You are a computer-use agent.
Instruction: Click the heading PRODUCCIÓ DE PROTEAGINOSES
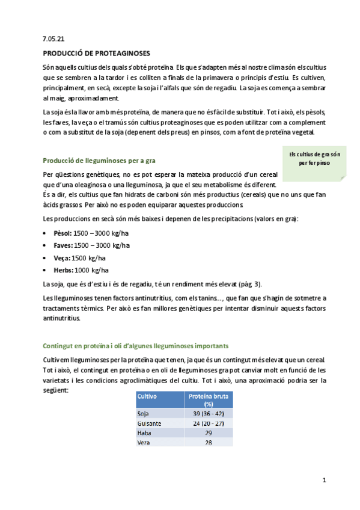(x=97, y=53)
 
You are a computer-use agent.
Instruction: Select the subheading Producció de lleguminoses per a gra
(x=99, y=161)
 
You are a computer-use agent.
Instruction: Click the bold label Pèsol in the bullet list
(x=63, y=232)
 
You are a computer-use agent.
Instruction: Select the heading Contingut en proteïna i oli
(x=135, y=346)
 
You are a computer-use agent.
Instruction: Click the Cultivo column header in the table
(x=148, y=397)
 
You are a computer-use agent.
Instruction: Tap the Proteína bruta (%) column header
(x=208, y=401)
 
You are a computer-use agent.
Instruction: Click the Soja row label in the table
(x=144, y=414)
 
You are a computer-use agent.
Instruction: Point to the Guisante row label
(x=149, y=423)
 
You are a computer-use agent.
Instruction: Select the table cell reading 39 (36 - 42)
(x=208, y=414)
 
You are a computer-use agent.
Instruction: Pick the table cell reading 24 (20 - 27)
(x=208, y=423)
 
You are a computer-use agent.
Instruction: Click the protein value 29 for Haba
(x=208, y=433)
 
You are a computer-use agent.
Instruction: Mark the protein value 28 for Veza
(x=208, y=443)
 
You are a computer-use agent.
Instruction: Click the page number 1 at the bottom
(x=324, y=480)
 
